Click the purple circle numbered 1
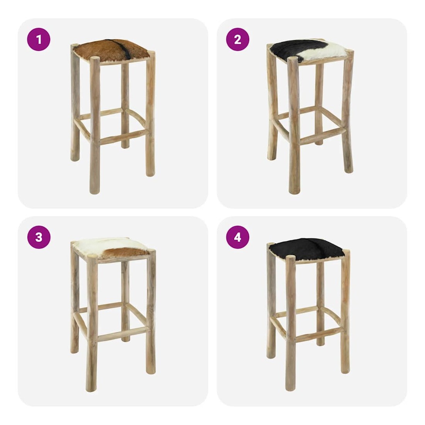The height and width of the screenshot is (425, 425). [39, 39]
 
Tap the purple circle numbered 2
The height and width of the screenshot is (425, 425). [238, 39]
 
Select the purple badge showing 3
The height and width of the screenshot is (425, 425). [39, 237]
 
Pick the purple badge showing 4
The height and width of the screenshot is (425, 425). [238, 237]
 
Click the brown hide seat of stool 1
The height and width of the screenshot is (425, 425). [112, 51]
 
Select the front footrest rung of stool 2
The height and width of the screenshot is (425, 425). [323, 136]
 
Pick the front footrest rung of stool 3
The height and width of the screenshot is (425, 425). [123, 334]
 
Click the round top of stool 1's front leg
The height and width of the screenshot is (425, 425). [95, 59]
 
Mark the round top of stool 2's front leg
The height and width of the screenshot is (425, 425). [293, 59]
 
